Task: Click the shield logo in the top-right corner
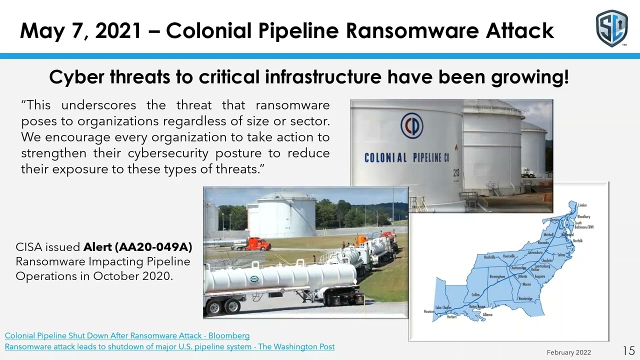[x=611, y=28]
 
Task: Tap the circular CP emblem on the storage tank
[x=411, y=125]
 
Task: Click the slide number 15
[x=628, y=350]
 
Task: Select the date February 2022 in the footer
[x=568, y=352]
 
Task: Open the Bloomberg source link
[x=127, y=335]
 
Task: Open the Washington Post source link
[x=169, y=346]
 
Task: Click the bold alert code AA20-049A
[x=137, y=247]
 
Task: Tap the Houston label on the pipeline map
[x=429, y=311]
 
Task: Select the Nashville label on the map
[x=489, y=257]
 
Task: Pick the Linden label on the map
[x=582, y=205]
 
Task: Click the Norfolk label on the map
[x=577, y=240]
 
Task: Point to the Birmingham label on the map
[x=497, y=276]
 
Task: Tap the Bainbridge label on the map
[x=525, y=298]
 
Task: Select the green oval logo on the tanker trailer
[x=254, y=278]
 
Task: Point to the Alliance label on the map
[x=487, y=314]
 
